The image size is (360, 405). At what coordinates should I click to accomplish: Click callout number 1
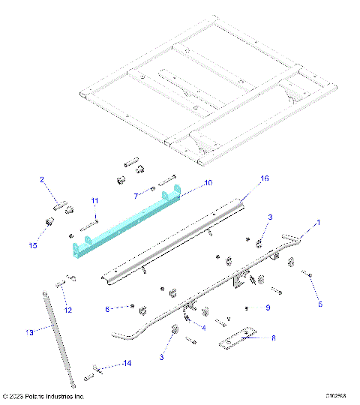pos(317,223)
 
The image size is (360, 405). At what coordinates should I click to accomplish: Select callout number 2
pos(43,179)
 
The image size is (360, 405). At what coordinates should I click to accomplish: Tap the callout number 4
pos(203,327)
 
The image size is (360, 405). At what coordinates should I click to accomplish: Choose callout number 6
pos(108,308)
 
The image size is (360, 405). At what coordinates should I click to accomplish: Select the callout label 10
pos(187,182)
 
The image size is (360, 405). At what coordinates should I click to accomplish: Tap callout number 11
pos(94,200)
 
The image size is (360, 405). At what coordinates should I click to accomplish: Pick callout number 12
pos(67,310)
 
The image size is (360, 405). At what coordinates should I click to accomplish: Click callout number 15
pos(31,244)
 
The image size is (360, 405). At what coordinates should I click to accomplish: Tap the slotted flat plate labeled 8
pos(238,339)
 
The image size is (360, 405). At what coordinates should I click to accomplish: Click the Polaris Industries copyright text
pos(43,396)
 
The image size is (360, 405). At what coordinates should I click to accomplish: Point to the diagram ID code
pos(337,396)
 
